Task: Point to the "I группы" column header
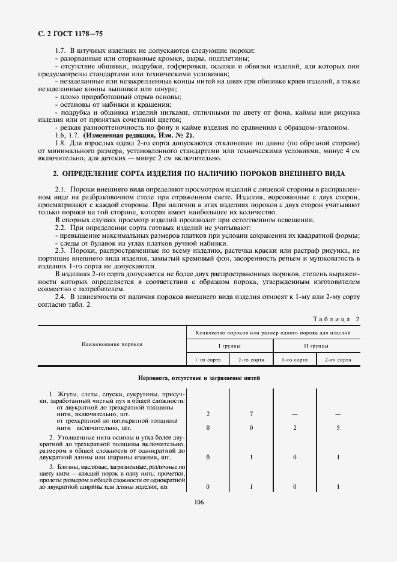pos(229,346)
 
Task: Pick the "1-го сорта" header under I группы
pos(208,359)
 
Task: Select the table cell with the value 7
pos(251,414)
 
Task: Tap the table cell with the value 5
pos(338,428)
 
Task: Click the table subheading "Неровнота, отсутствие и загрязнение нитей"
pos(199,378)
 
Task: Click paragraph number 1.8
pos(60,144)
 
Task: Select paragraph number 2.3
pos(60,250)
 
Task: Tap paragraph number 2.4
pos(60,297)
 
